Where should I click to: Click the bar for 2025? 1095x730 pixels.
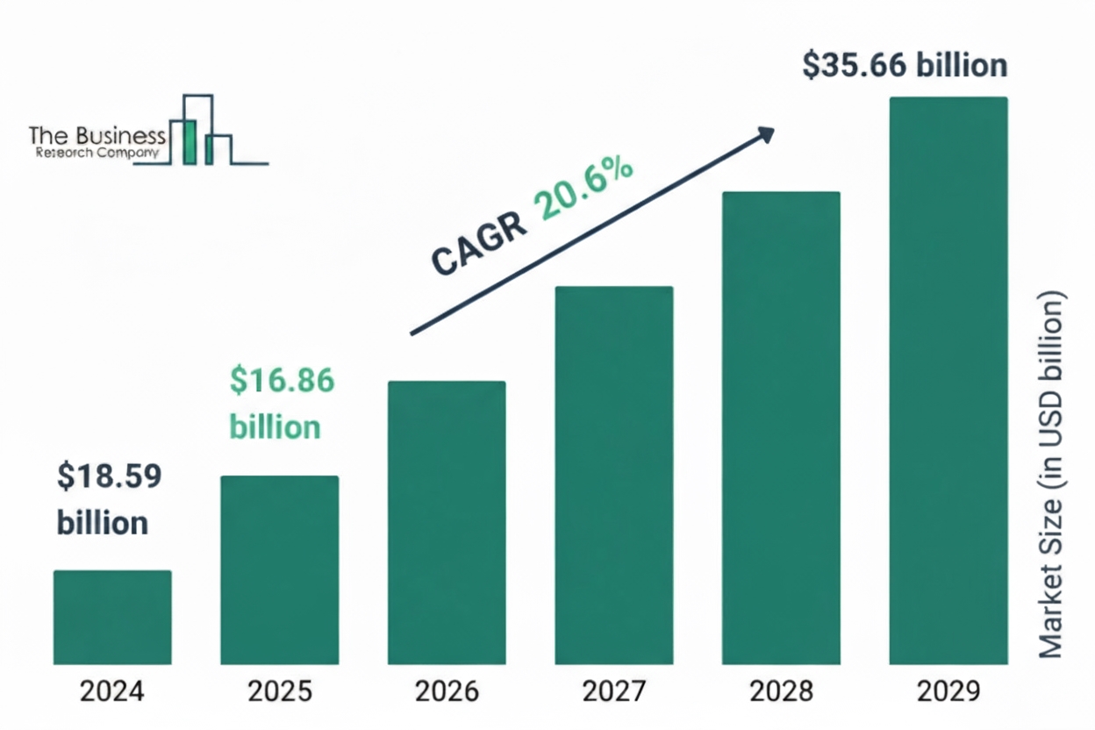[279, 569]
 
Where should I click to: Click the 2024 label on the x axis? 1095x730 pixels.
[112, 692]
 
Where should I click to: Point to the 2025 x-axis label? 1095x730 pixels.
[279, 692]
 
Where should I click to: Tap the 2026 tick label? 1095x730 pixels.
[447, 692]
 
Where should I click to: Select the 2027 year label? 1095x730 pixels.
[613, 692]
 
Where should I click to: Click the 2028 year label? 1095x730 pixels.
[781, 692]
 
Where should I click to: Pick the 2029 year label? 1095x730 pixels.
[948, 692]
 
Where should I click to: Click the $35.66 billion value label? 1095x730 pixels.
[905, 67]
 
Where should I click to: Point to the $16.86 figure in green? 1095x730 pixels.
[282, 381]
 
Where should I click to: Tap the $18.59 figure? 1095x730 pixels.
[110, 476]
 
